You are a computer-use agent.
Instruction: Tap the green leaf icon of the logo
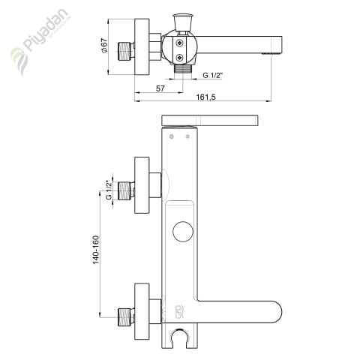coord(17,58)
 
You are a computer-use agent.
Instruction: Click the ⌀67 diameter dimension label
coord(111,45)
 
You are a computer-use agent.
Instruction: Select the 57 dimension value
coord(160,88)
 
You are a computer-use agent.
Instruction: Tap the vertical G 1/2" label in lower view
coord(109,190)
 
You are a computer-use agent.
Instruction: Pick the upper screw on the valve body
coord(180,43)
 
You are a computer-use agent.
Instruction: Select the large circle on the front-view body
coord(182,232)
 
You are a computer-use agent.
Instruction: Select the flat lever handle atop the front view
coord(211,119)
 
